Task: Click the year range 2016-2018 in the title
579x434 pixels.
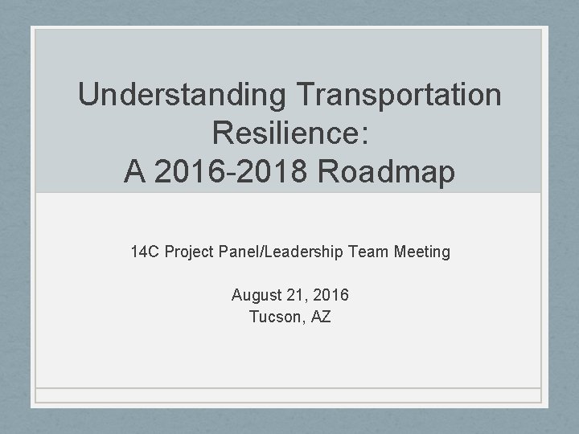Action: (240, 171)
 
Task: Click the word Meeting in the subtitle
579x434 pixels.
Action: (423, 252)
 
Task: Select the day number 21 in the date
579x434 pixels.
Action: (294, 295)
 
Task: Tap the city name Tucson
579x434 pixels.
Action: (276, 317)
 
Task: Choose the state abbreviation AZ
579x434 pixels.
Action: (320, 317)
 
